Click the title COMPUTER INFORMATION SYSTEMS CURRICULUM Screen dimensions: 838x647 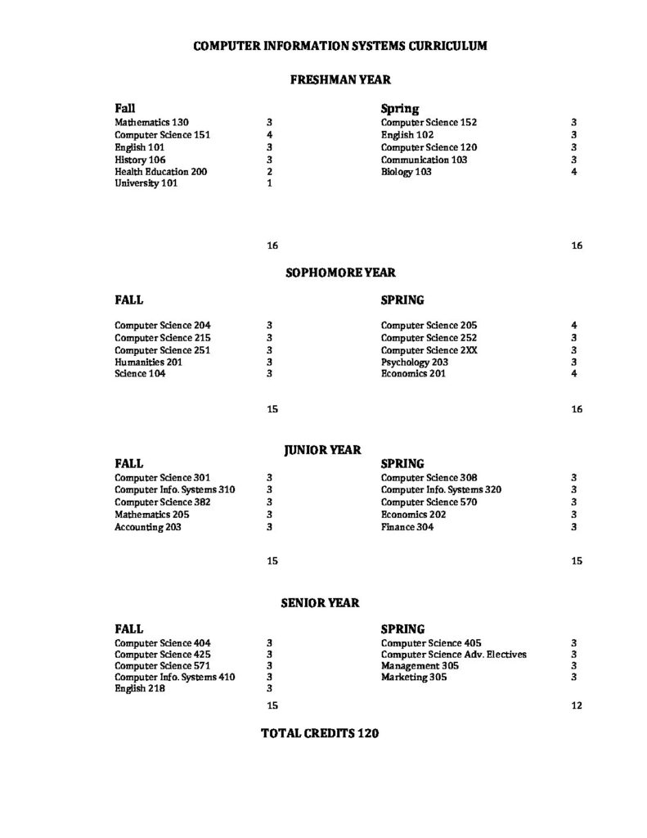339,47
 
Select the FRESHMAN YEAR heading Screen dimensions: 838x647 340,80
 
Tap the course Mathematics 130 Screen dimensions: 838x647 151,123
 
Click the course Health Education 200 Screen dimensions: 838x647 160,172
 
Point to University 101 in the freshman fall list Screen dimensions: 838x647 146,184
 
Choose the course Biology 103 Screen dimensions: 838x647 406,172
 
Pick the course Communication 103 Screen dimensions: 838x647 424,160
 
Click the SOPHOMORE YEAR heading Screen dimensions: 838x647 339,272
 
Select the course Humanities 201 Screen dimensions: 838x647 148,362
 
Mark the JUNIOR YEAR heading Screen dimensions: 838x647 322,449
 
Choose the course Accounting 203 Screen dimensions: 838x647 148,527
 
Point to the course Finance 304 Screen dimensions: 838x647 407,527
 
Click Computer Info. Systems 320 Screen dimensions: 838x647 441,489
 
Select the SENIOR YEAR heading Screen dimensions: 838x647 320,602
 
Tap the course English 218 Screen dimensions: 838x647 140,689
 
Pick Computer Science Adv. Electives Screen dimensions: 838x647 453,655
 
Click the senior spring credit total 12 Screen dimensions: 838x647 576,705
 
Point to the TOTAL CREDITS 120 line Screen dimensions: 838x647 319,734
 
